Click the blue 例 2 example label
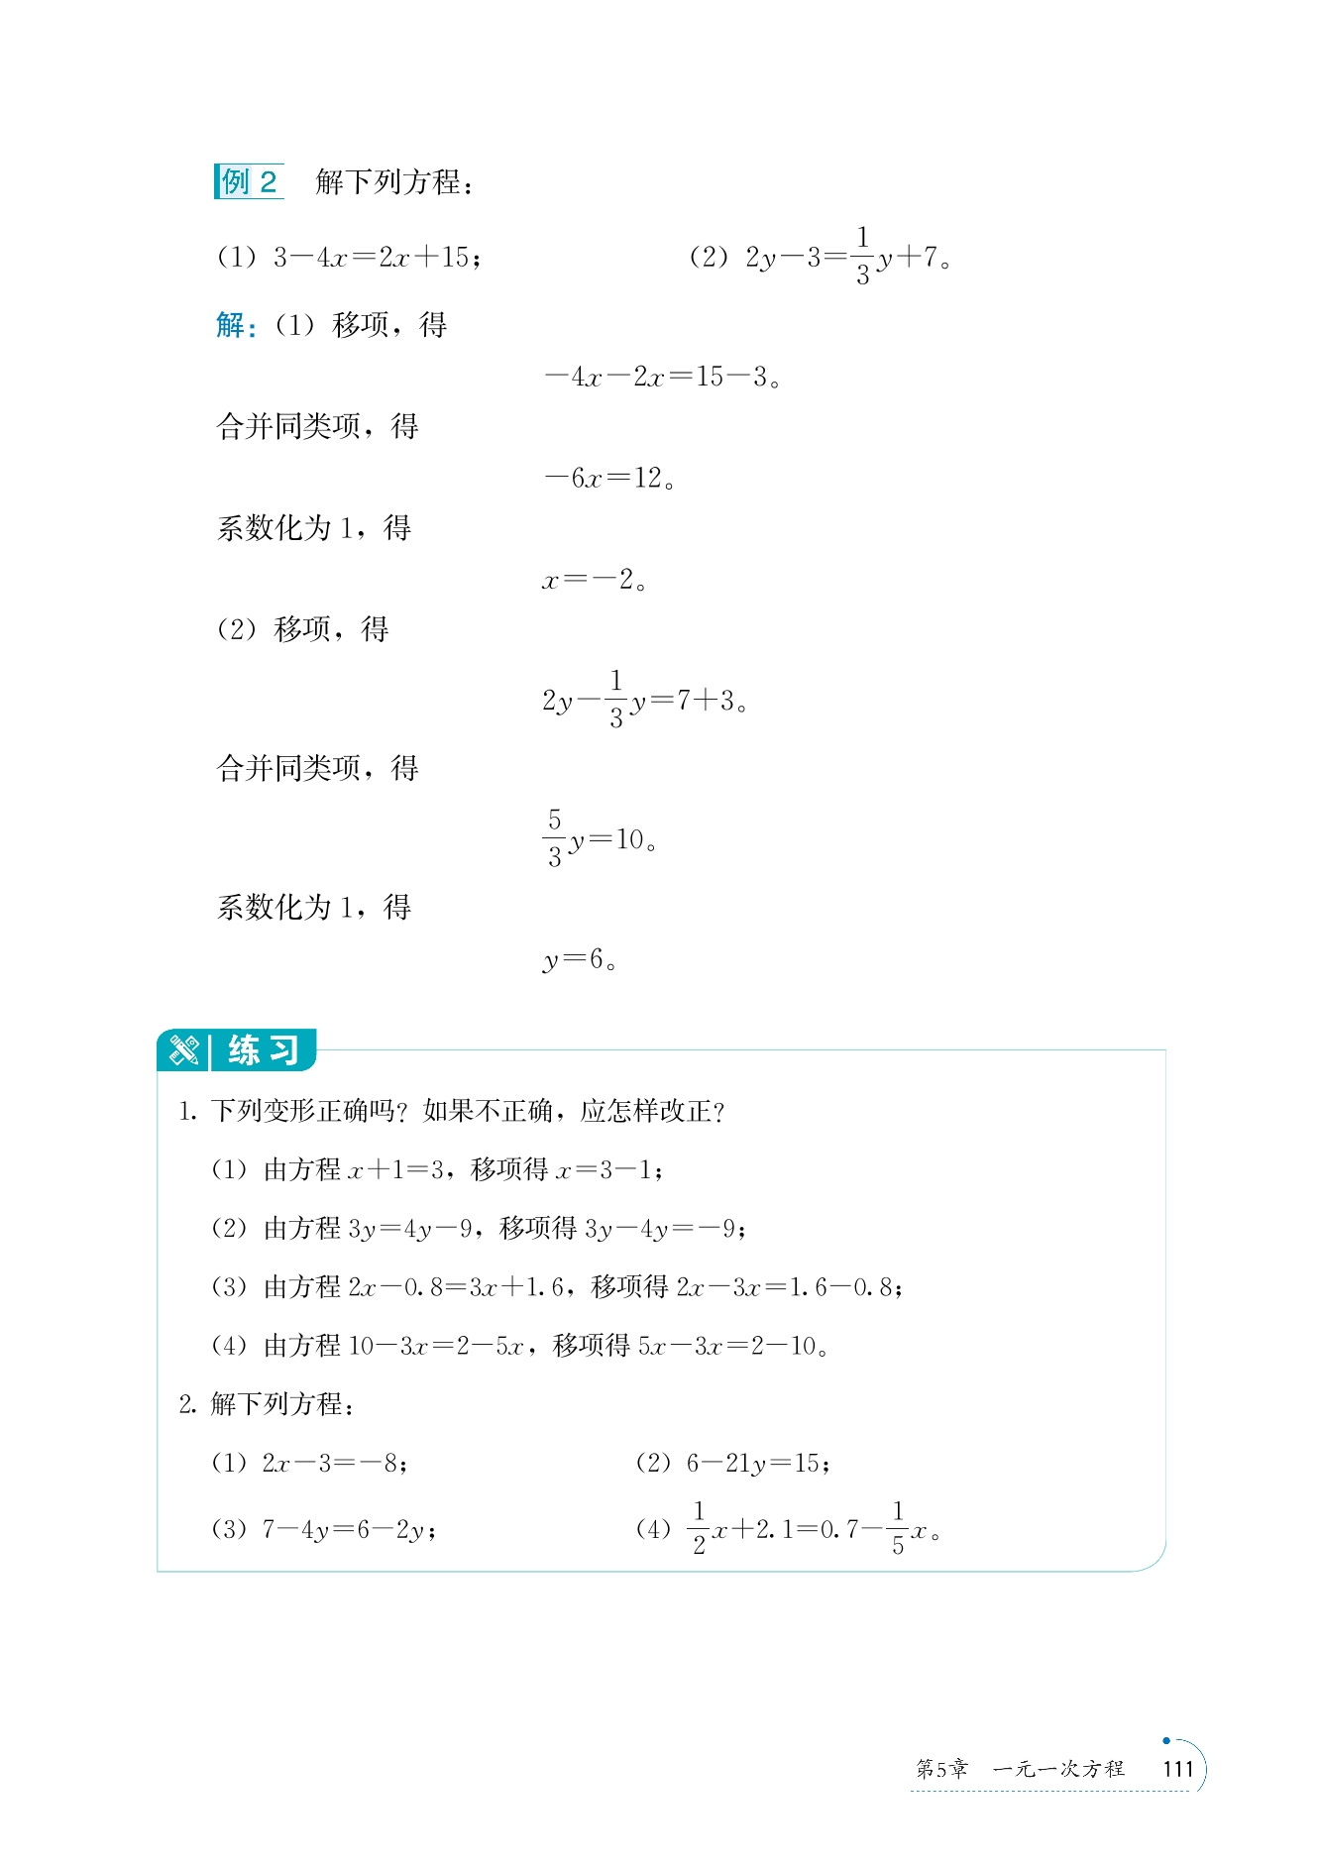click(x=249, y=182)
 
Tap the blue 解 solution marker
click(x=233, y=325)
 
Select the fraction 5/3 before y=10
click(x=555, y=838)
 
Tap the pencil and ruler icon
click(x=184, y=1050)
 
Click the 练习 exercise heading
click(x=264, y=1050)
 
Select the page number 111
click(x=1178, y=1769)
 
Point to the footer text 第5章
click(x=940, y=1769)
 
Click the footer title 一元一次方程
click(x=1058, y=1769)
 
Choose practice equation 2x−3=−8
click(x=332, y=1464)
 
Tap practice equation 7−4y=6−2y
click(x=346, y=1530)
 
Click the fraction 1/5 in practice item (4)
click(x=898, y=1528)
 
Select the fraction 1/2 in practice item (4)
click(x=700, y=1528)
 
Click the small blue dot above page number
click(x=1166, y=1740)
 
